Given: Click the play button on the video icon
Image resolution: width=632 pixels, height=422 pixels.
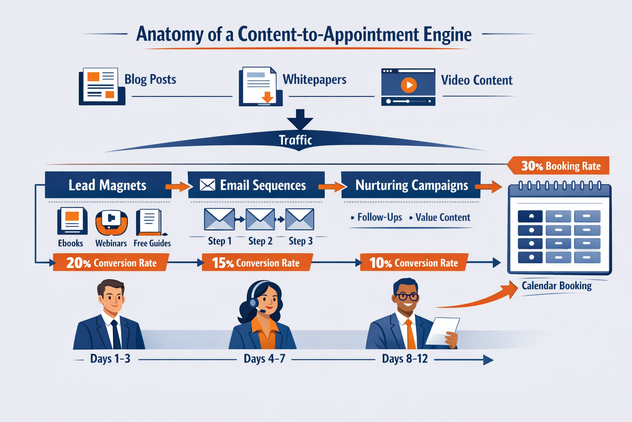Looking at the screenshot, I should tap(409, 85).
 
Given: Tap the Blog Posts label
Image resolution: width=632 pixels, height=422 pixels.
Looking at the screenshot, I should tap(150, 79).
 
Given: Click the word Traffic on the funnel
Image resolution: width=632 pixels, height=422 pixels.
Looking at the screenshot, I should tap(295, 140).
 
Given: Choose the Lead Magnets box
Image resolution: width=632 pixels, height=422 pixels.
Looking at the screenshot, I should tap(108, 185).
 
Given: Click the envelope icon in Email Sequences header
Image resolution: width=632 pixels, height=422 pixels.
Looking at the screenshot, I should tap(207, 185).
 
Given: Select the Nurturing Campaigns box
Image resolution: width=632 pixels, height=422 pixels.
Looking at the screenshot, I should tap(411, 185).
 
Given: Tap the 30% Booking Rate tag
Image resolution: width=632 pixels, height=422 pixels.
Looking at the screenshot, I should tap(560, 166).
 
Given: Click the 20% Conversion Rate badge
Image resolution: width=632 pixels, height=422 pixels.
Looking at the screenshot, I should tap(111, 263).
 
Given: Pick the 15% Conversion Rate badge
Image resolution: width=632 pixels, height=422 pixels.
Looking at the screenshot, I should tap(256, 263).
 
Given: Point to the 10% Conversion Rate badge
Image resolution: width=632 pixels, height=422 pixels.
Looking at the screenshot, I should tap(414, 263).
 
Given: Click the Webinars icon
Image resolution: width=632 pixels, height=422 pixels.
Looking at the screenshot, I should tap(111, 223).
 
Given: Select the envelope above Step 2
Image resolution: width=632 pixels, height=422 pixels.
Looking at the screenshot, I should tap(260, 219).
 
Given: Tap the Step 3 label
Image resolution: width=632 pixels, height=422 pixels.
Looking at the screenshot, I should tap(300, 241).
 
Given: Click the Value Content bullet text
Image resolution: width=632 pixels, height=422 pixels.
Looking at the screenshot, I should tap(442, 217).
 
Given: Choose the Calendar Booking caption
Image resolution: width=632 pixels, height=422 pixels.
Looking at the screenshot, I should tap(556, 286).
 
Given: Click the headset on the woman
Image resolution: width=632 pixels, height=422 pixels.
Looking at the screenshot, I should tap(253, 302).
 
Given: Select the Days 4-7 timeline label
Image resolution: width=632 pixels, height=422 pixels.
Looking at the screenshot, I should tap(264, 359).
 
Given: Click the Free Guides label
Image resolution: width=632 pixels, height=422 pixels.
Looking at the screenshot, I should tap(152, 243).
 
